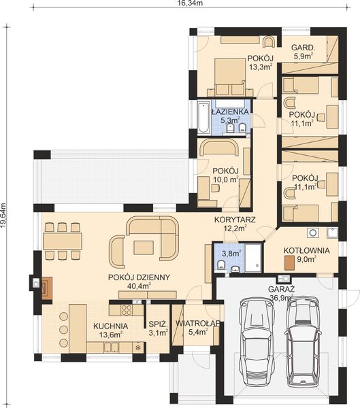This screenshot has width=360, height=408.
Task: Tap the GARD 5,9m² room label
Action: click(303, 52)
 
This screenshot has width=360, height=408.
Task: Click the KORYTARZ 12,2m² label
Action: click(234, 224)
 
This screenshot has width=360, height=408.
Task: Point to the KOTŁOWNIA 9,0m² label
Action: click(306, 254)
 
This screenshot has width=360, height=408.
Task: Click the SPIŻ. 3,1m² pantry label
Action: click(159, 329)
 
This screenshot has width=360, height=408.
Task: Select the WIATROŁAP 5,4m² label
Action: click(197, 328)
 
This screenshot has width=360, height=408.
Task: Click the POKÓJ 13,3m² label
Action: click(260, 63)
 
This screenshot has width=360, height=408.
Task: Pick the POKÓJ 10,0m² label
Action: click(224, 175)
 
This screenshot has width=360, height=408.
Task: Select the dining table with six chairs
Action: click(63, 240)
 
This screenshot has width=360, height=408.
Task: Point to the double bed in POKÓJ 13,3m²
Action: click(229, 76)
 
